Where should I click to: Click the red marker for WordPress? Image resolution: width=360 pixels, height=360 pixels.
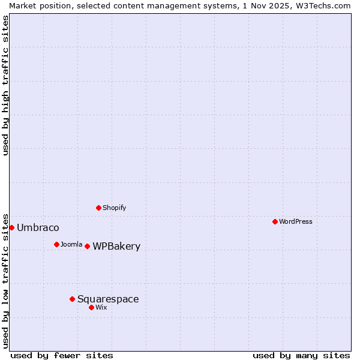pyautogui.click(x=275, y=221)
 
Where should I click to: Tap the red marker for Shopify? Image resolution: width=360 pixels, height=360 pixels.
pyautogui.click(x=98, y=208)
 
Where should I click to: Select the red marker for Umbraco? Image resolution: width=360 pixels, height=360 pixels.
pyautogui.click(x=11, y=227)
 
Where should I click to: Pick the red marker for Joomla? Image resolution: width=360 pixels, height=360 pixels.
pyautogui.click(x=56, y=244)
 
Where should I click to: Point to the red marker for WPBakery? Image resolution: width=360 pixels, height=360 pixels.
pyautogui.click(x=87, y=246)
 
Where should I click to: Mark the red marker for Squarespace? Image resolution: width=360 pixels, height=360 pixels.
pyautogui.click(x=72, y=299)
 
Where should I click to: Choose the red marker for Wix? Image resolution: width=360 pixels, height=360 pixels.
pyautogui.click(x=91, y=307)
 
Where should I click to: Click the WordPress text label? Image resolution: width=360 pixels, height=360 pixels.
pyautogui.click(x=296, y=221)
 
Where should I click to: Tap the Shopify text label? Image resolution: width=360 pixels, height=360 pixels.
pyautogui.click(x=115, y=208)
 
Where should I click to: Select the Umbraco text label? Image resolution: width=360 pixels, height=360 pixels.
pyautogui.click(x=38, y=228)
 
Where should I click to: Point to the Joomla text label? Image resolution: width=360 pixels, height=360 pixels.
pyautogui.click(x=71, y=244)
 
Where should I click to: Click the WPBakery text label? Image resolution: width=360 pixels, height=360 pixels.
pyautogui.click(x=116, y=247)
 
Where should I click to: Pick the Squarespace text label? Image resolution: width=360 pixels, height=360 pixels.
pyautogui.click(x=108, y=299)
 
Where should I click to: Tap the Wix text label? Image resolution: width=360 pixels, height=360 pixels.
pyautogui.click(x=101, y=307)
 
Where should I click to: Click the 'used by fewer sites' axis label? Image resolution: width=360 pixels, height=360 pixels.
pyautogui.click(x=62, y=355)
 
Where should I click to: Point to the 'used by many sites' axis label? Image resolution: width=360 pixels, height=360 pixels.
pyautogui.click(x=301, y=355)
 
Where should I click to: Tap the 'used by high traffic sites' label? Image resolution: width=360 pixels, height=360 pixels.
pyautogui.click(x=6, y=85)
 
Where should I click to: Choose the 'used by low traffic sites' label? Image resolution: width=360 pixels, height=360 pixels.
pyautogui.click(x=6, y=281)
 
